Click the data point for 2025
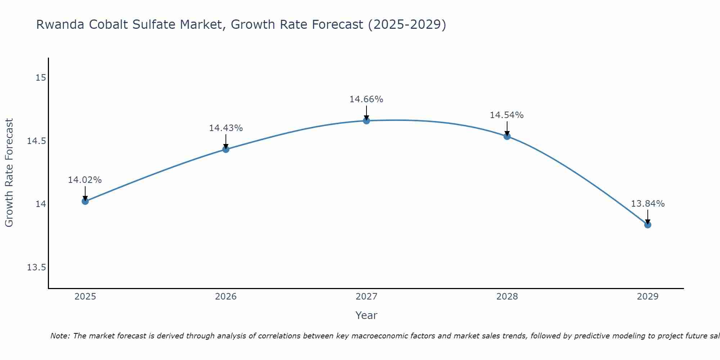(x=85, y=201)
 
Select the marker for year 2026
(x=226, y=149)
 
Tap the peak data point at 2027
(x=366, y=121)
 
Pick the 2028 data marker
(x=507, y=136)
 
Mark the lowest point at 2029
(x=648, y=225)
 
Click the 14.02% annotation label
(x=85, y=180)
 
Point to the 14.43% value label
(x=226, y=128)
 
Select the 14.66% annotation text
(x=366, y=99)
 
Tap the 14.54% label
(x=507, y=115)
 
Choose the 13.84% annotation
(x=648, y=204)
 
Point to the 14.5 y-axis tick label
(x=37, y=141)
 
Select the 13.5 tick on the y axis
(x=37, y=267)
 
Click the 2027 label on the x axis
(x=366, y=297)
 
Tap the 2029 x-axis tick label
(x=648, y=297)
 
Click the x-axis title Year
(x=366, y=315)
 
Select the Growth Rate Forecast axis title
(x=9, y=173)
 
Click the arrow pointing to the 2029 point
(x=648, y=217)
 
